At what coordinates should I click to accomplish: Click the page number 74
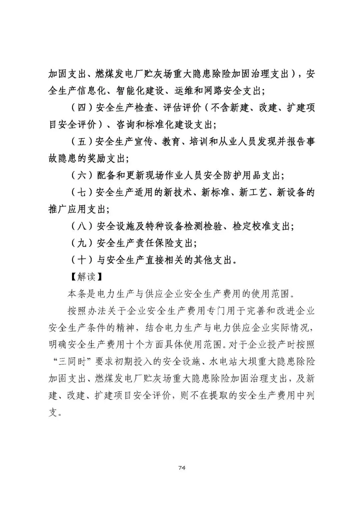[x=182, y=468]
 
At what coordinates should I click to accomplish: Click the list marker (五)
[x=82, y=142]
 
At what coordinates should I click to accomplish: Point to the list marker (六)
[x=82, y=175]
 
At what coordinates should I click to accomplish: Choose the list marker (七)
[x=82, y=192]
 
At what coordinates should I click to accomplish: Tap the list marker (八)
[x=82, y=226]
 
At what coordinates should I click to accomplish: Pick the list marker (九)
[x=82, y=243]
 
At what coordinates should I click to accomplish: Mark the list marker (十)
[x=82, y=260]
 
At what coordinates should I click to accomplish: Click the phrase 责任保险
[x=159, y=243]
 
